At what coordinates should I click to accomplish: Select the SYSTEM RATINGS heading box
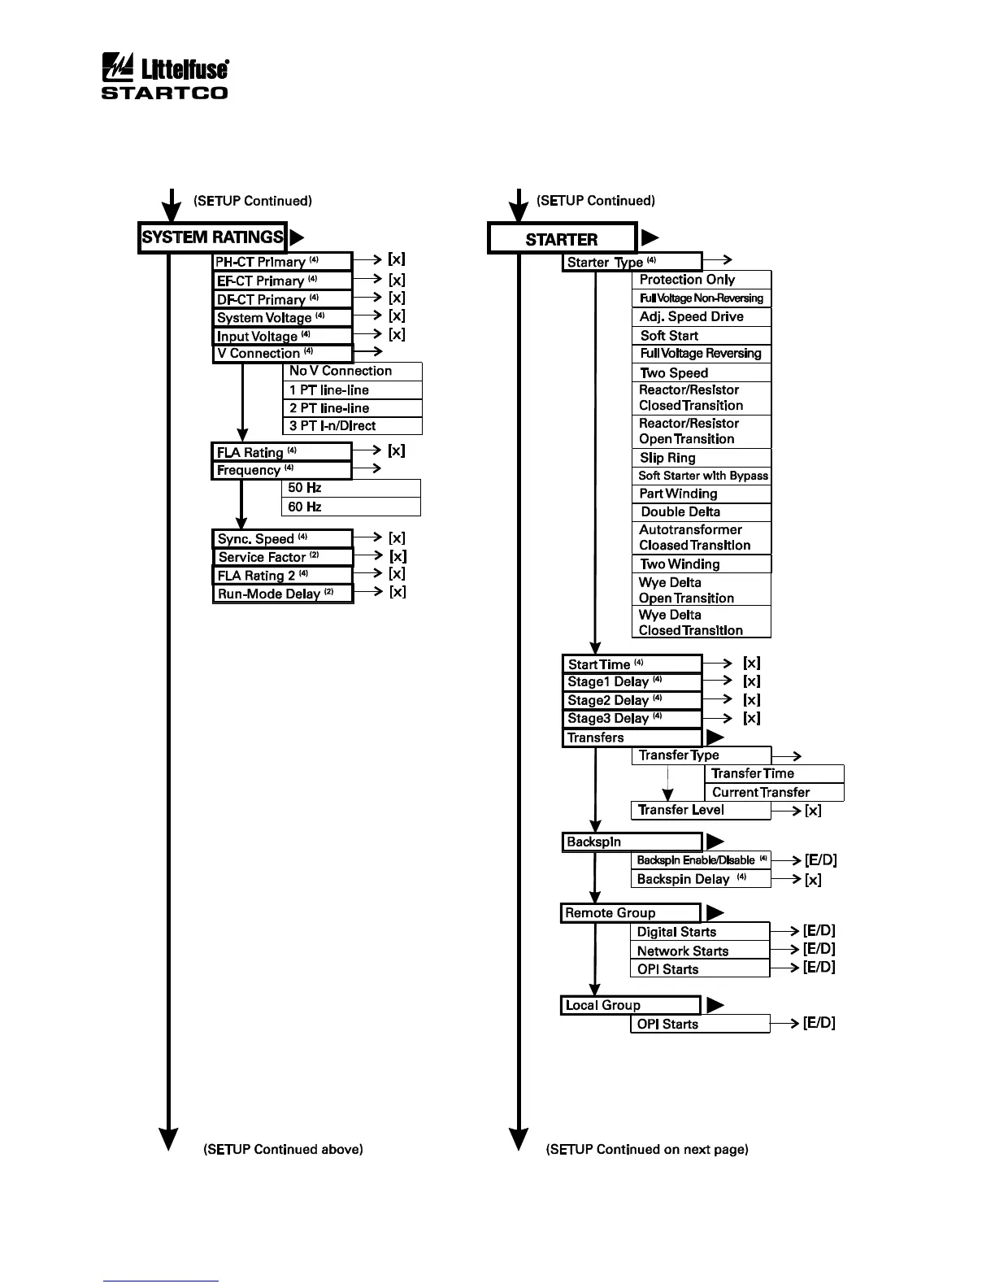coord(212,237)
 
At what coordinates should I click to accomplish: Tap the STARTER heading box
coord(562,239)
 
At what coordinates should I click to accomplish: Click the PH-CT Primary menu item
coord(282,262)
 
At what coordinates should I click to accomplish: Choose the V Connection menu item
coord(282,354)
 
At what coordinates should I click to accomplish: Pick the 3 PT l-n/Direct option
coord(352,426)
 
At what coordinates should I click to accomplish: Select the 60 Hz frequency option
coord(350,507)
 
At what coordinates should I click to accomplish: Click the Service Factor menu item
coord(283,557)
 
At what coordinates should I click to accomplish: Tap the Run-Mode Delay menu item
coord(283,594)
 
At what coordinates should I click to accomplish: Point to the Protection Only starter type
coord(701,280)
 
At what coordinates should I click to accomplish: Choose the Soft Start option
coord(701,336)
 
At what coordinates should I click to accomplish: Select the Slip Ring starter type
coord(701,458)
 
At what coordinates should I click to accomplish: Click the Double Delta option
coord(701,512)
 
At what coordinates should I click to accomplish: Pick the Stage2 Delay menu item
coord(631,700)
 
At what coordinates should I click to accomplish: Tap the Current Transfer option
coord(773,792)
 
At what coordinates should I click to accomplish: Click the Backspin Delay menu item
coord(700,879)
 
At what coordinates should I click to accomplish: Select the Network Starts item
coord(699,951)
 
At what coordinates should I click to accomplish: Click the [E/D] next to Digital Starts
coord(819,931)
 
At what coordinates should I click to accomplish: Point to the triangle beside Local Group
coord(715,1005)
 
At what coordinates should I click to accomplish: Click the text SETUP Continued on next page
coord(647,1149)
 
